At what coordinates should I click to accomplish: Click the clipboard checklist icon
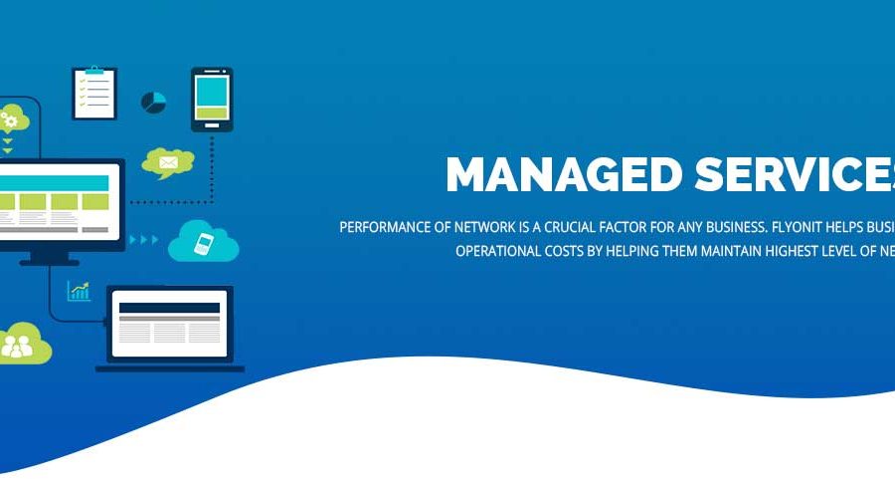94,94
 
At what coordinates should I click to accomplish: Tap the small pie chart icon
153,103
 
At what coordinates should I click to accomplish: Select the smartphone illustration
212,99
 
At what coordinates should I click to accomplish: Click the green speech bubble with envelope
167,162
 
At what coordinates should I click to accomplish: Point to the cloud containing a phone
204,242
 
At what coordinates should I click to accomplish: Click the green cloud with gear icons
12,120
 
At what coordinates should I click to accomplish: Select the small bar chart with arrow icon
79,291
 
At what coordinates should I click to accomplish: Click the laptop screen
169,324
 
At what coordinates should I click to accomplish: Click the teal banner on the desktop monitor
54,182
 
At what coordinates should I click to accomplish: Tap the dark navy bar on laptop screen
169,307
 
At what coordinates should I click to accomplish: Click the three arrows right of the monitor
145,239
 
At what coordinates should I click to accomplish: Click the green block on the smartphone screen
212,114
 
